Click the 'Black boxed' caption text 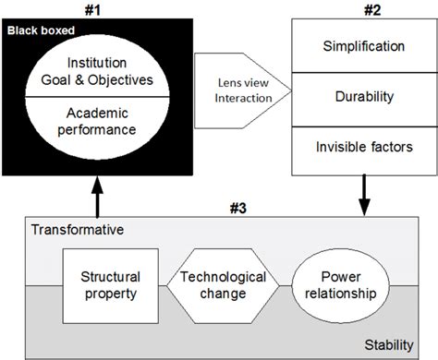click(40, 30)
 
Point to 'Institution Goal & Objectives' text click(99, 71)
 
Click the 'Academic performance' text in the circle click(99, 120)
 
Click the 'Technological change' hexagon click(223, 286)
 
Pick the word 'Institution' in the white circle click(99, 63)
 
